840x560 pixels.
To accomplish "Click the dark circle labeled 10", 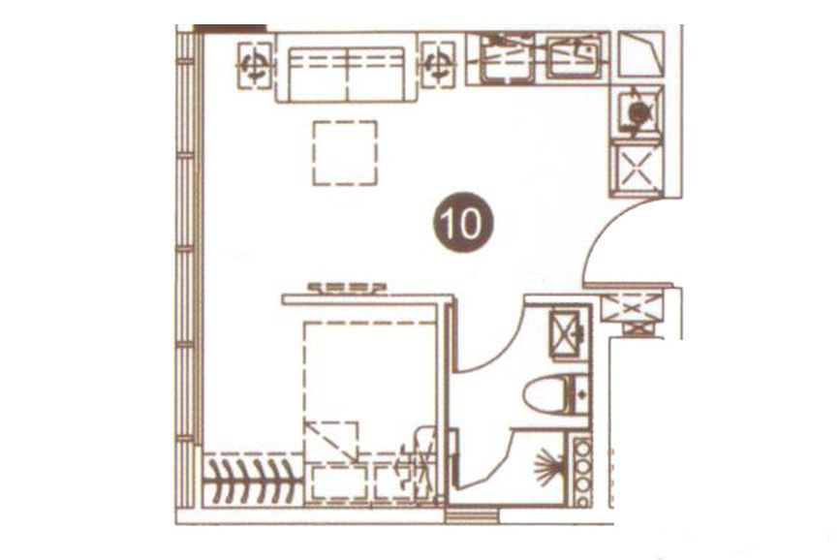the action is (x=461, y=223).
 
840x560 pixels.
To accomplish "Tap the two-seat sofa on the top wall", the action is (x=346, y=67).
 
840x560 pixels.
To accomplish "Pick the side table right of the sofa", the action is (x=438, y=65).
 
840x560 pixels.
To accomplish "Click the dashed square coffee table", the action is (x=345, y=153).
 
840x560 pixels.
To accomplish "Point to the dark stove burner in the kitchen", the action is (x=638, y=113).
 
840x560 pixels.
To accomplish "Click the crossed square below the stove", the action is (x=637, y=168).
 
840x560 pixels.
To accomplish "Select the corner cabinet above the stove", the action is (x=641, y=53).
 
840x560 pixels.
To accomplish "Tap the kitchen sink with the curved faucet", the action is (x=575, y=54).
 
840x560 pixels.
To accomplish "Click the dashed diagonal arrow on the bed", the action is (x=331, y=442).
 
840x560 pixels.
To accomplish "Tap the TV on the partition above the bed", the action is (x=348, y=289).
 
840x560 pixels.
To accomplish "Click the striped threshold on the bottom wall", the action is (x=472, y=516).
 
